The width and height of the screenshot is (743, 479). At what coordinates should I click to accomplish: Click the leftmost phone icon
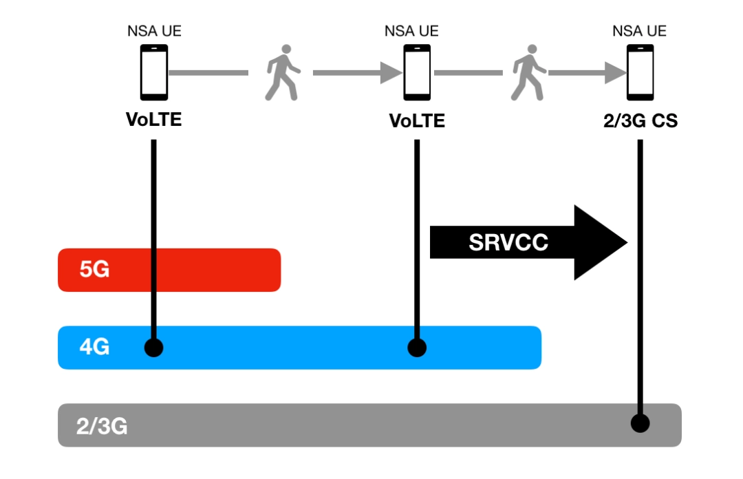(x=154, y=72)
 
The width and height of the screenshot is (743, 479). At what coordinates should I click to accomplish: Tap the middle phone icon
(x=417, y=72)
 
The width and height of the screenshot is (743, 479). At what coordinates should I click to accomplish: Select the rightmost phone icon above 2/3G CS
(x=640, y=72)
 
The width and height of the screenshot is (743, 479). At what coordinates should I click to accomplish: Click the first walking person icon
(x=282, y=72)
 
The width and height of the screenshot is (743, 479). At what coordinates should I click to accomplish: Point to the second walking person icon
(x=528, y=72)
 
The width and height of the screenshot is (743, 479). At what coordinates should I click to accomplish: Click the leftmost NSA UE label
(x=155, y=31)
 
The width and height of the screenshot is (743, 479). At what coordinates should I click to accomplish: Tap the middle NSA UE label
(x=411, y=31)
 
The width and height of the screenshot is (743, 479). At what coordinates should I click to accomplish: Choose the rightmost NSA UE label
(x=639, y=31)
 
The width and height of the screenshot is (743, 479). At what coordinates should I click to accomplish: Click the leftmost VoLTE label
(x=154, y=120)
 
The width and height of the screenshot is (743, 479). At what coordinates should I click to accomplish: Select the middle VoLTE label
(x=417, y=121)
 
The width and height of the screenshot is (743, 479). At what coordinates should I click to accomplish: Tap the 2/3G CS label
(x=639, y=121)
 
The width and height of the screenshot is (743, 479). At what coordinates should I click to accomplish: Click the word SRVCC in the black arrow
(x=508, y=242)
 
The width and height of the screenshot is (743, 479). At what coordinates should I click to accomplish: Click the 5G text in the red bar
(x=94, y=270)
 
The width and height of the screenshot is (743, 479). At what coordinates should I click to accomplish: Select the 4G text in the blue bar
(x=94, y=348)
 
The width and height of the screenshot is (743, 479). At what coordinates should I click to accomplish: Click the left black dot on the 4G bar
(x=154, y=348)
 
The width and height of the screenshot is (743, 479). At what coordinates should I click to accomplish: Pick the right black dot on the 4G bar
(x=417, y=348)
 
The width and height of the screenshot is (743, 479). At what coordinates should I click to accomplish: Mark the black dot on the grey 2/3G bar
(x=640, y=423)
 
